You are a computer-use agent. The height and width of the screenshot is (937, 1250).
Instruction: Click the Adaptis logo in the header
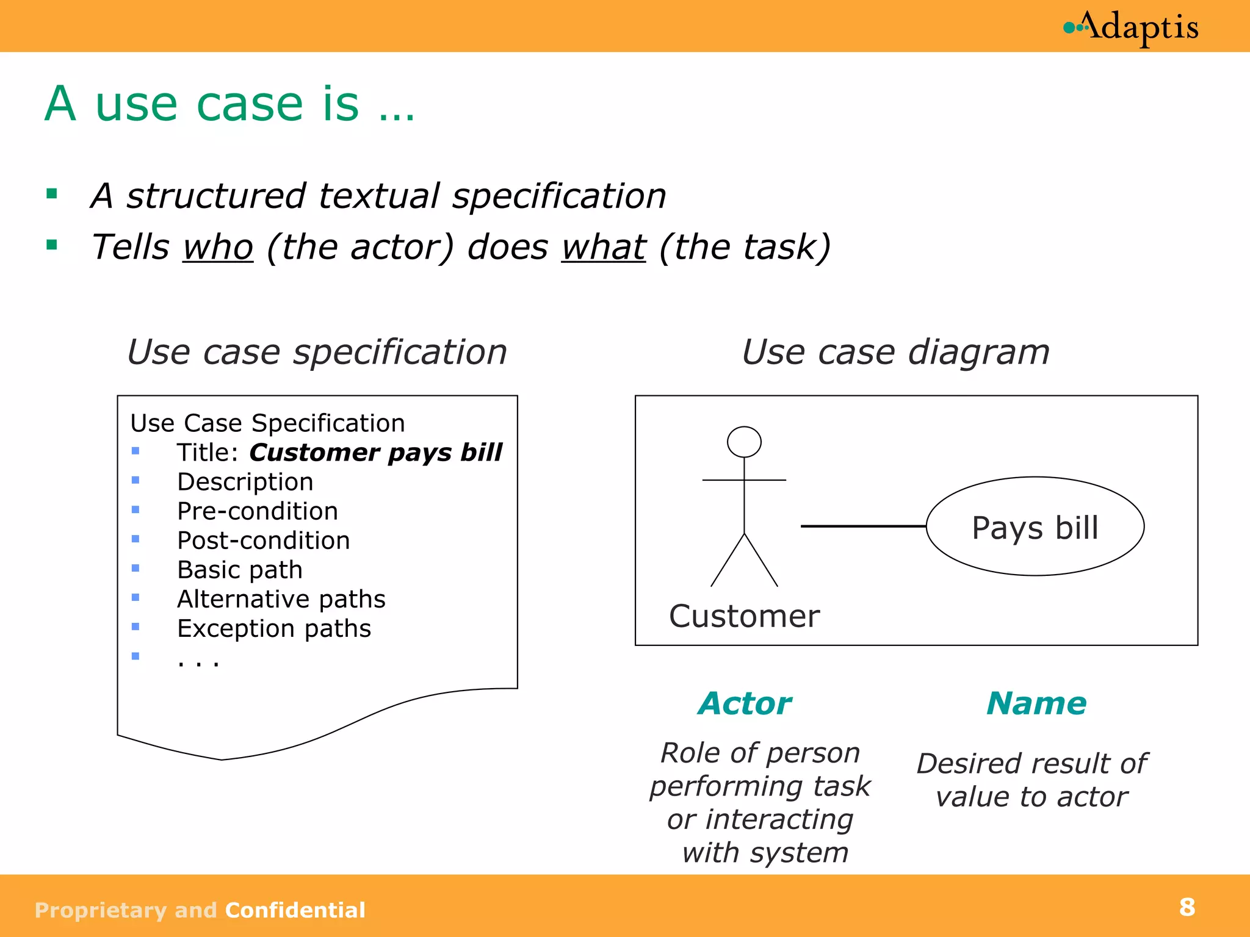tap(1131, 27)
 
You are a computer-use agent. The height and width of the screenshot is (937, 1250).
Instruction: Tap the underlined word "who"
tap(218, 247)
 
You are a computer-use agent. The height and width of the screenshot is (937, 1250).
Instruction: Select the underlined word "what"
tap(603, 247)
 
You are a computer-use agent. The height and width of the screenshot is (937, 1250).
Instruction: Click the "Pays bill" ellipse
tap(1035, 526)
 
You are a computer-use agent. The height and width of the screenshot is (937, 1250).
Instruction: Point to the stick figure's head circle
tap(744, 442)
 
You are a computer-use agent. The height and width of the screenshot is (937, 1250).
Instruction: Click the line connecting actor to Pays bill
tap(863, 526)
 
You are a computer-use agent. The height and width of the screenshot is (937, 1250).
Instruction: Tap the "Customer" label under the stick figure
tap(744, 616)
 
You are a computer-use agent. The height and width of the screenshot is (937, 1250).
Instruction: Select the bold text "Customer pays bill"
tap(375, 453)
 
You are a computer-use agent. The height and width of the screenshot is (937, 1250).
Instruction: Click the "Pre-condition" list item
tap(258, 511)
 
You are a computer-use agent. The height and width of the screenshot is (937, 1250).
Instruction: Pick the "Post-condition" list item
tap(264, 540)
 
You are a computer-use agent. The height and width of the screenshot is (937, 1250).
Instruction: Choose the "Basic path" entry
tap(240, 570)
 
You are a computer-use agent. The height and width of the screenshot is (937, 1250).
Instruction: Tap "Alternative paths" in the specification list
tap(281, 599)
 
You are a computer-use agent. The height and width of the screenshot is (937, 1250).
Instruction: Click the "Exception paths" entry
tap(274, 628)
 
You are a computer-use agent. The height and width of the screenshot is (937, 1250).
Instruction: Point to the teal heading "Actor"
tap(745, 703)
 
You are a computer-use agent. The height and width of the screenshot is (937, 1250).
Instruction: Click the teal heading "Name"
tap(1036, 703)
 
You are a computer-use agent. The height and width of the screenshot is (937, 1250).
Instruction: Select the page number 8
tap(1187, 907)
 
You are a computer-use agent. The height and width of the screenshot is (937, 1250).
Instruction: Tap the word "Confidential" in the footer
tap(295, 910)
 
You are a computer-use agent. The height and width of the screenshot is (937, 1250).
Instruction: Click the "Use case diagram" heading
tap(895, 352)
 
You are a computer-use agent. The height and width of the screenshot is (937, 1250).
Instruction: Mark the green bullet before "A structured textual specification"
tap(52, 195)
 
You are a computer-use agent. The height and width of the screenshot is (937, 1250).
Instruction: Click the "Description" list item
tap(245, 482)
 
